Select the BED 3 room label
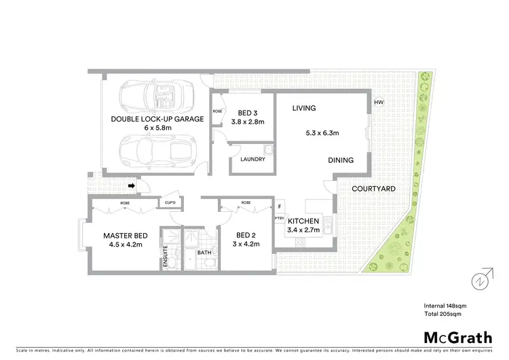[x=245, y=113]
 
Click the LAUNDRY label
[x=242, y=160]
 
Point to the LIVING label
[x=304, y=108]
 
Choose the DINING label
[x=341, y=160]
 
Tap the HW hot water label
[x=379, y=103]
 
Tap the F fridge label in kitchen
[x=280, y=206]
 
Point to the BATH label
[x=204, y=253]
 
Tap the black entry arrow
[x=134, y=183]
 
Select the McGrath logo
[x=458, y=337]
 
